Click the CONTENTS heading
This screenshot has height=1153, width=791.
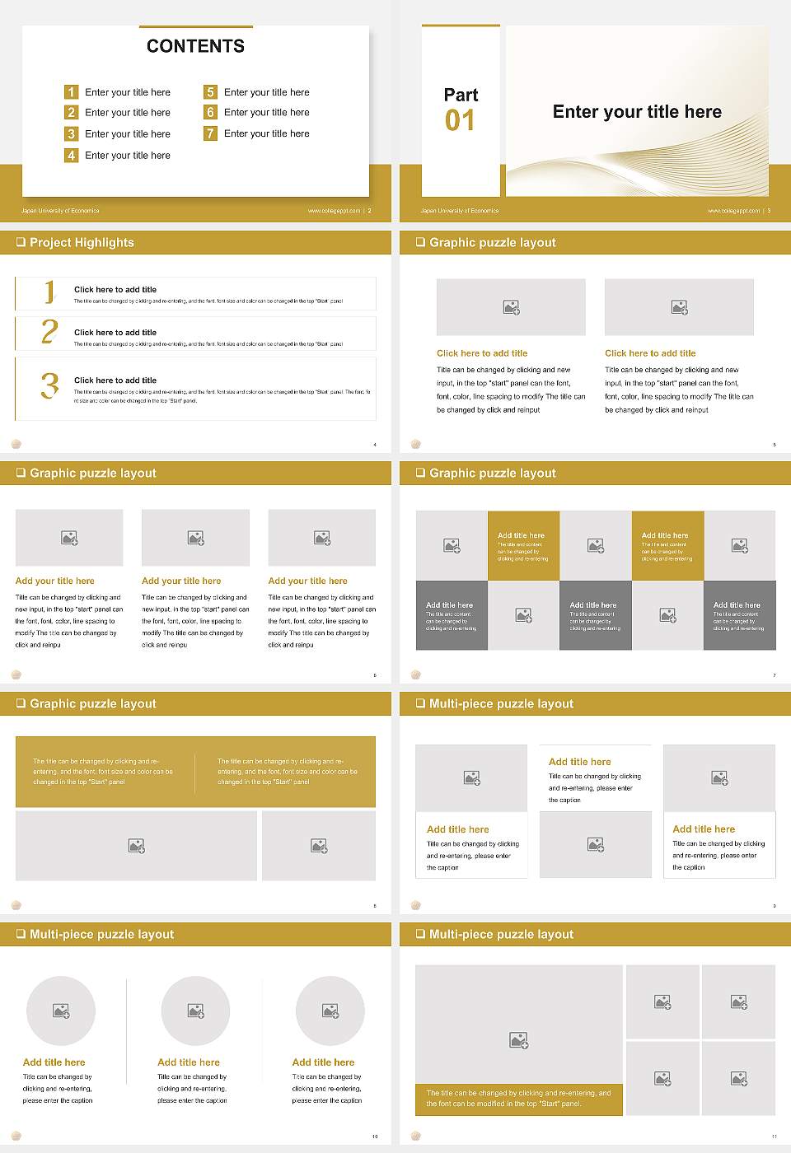click(x=195, y=46)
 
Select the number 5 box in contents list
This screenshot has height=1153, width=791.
click(x=210, y=92)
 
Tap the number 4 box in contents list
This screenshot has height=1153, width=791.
click(x=72, y=155)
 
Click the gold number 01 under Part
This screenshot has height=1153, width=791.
click(x=460, y=121)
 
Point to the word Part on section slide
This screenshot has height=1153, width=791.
click(x=461, y=95)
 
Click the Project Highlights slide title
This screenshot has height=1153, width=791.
click(x=82, y=242)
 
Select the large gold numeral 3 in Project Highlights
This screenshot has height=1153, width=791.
click(x=49, y=385)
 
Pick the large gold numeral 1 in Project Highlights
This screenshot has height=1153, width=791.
click(x=49, y=292)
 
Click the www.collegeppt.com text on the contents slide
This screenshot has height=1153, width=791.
click(x=334, y=211)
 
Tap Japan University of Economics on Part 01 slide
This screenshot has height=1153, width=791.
click(x=459, y=211)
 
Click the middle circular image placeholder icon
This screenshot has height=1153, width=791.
click(x=195, y=1011)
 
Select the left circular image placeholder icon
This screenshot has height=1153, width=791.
click(x=61, y=1011)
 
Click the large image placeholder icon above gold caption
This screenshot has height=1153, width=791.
click(x=518, y=1041)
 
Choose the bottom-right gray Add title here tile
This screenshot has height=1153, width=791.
click(x=739, y=615)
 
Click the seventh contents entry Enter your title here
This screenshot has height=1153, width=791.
click(x=266, y=133)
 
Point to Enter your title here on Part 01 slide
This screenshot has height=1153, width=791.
click(x=637, y=112)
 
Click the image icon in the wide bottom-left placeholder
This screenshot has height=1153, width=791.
click(x=137, y=846)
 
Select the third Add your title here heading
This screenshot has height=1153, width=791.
click(x=307, y=581)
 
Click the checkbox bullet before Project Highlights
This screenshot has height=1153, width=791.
click(x=21, y=242)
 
